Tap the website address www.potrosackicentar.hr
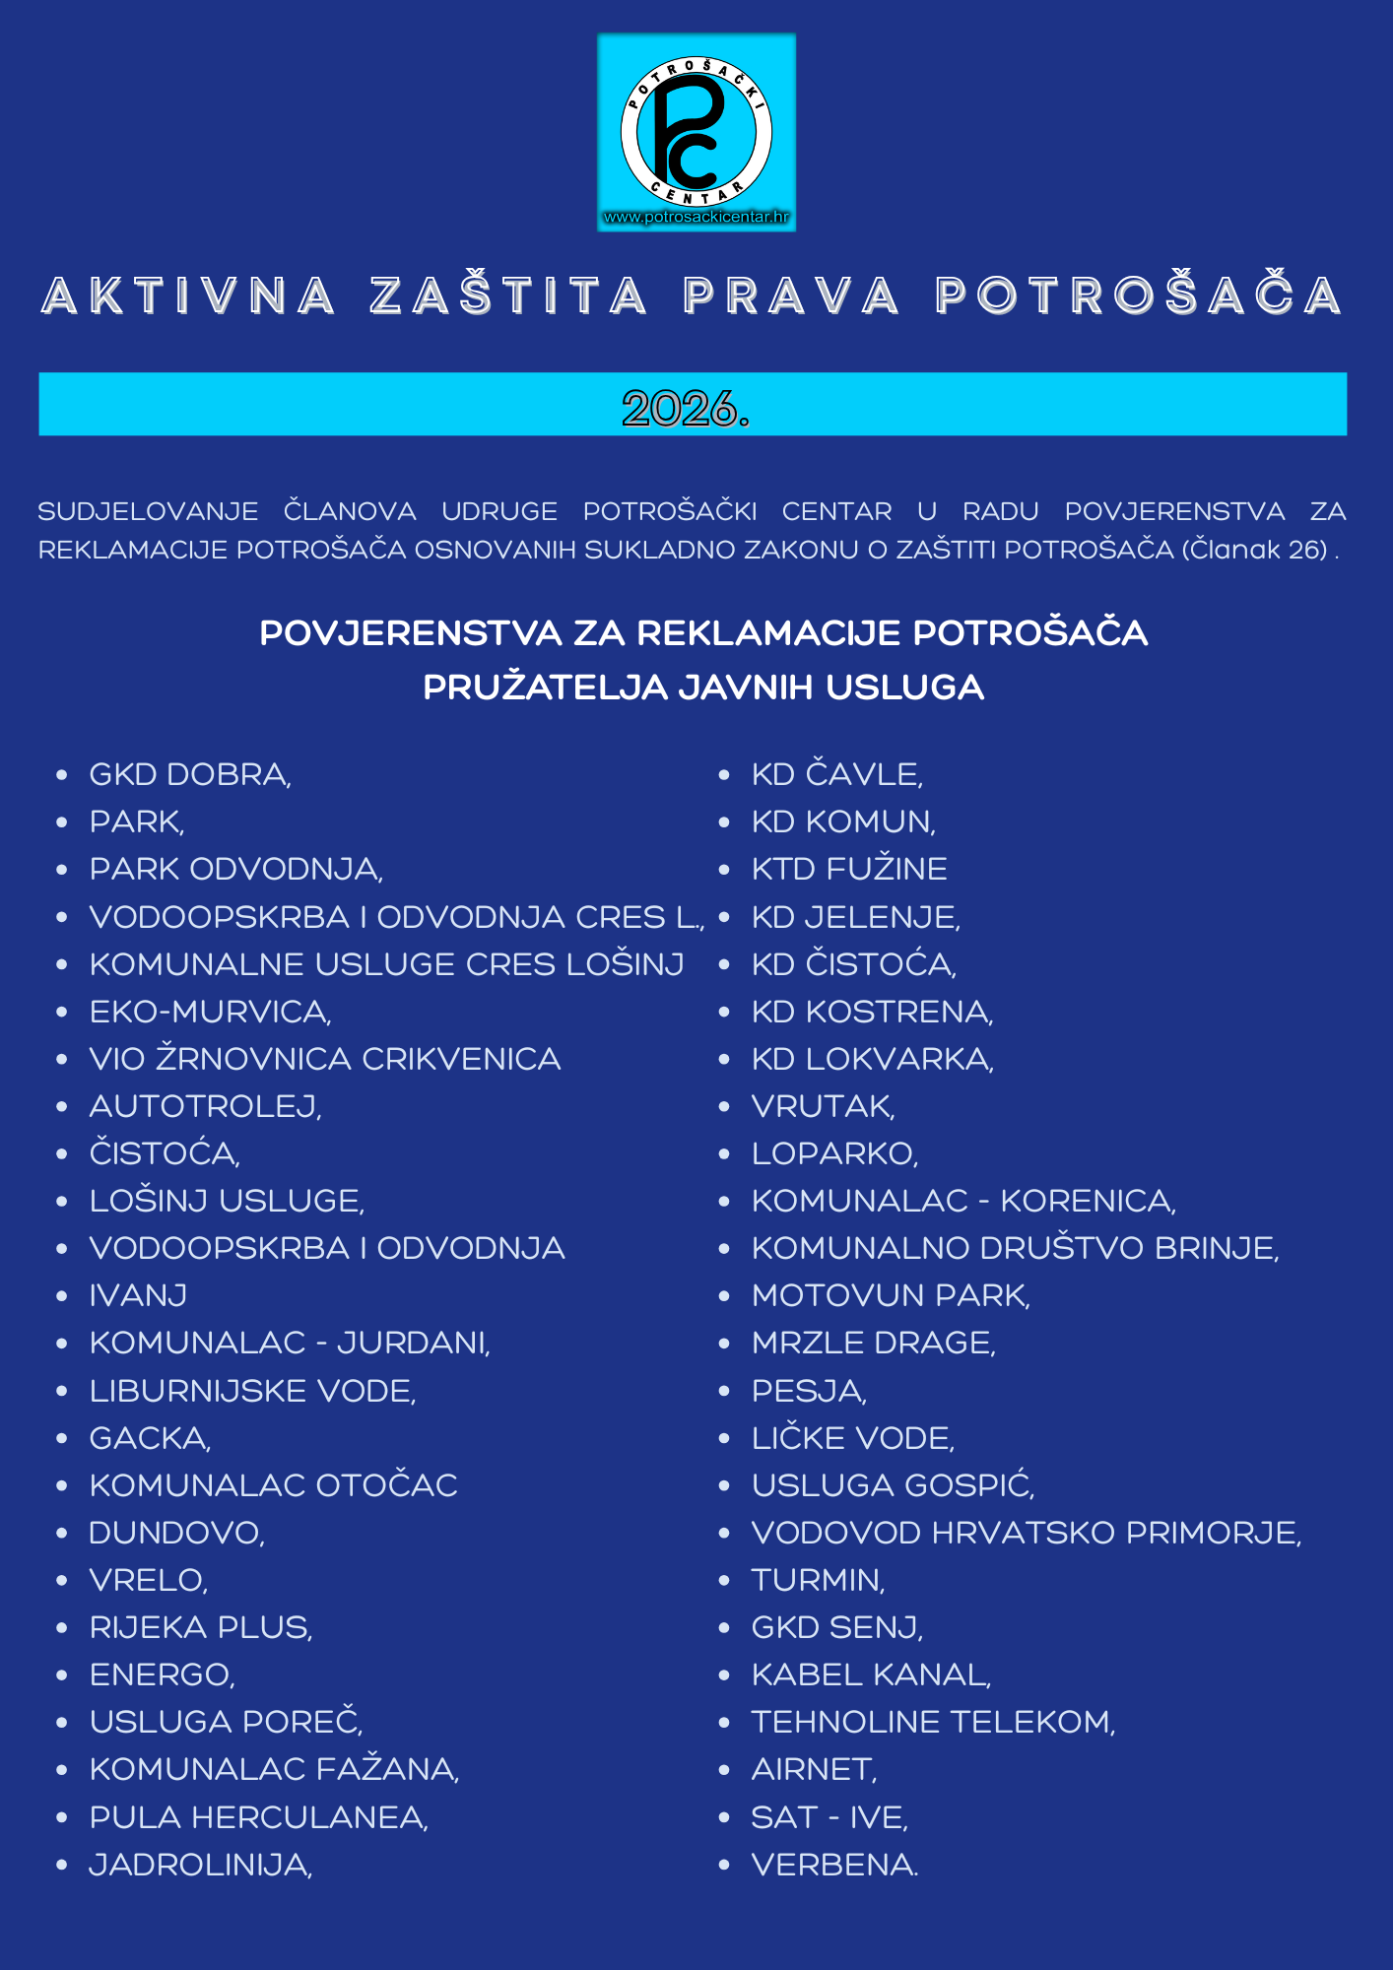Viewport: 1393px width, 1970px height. [x=696, y=217]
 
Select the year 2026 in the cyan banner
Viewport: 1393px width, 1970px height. [x=686, y=407]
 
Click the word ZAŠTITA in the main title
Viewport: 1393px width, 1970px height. [x=508, y=295]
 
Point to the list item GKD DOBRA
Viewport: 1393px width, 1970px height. [x=190, y=774]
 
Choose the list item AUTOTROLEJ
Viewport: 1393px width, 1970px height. [x=205, y=1106]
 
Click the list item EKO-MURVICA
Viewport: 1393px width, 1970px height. [x=210, y=1012]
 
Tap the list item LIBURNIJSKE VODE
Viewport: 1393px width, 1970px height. [x=252, y=1391]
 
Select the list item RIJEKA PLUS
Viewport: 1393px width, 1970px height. [x=201, y=1627]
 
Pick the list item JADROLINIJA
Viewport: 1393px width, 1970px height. [x=201, y=1865]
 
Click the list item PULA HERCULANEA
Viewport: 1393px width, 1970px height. [x=258, y=1817]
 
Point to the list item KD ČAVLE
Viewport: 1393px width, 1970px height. [x=836, y=774]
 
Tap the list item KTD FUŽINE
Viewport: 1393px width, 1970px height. [x=849, y=869]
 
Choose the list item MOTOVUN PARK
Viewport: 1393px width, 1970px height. [x=891, y=1295]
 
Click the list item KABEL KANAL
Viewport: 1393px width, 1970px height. [x=871, y=1674]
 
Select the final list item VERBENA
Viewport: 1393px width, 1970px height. [x=834, y=1865]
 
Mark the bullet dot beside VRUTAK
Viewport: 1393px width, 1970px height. [x=724, y=1107]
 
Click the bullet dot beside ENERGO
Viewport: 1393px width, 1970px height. [x=62, y=1675]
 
